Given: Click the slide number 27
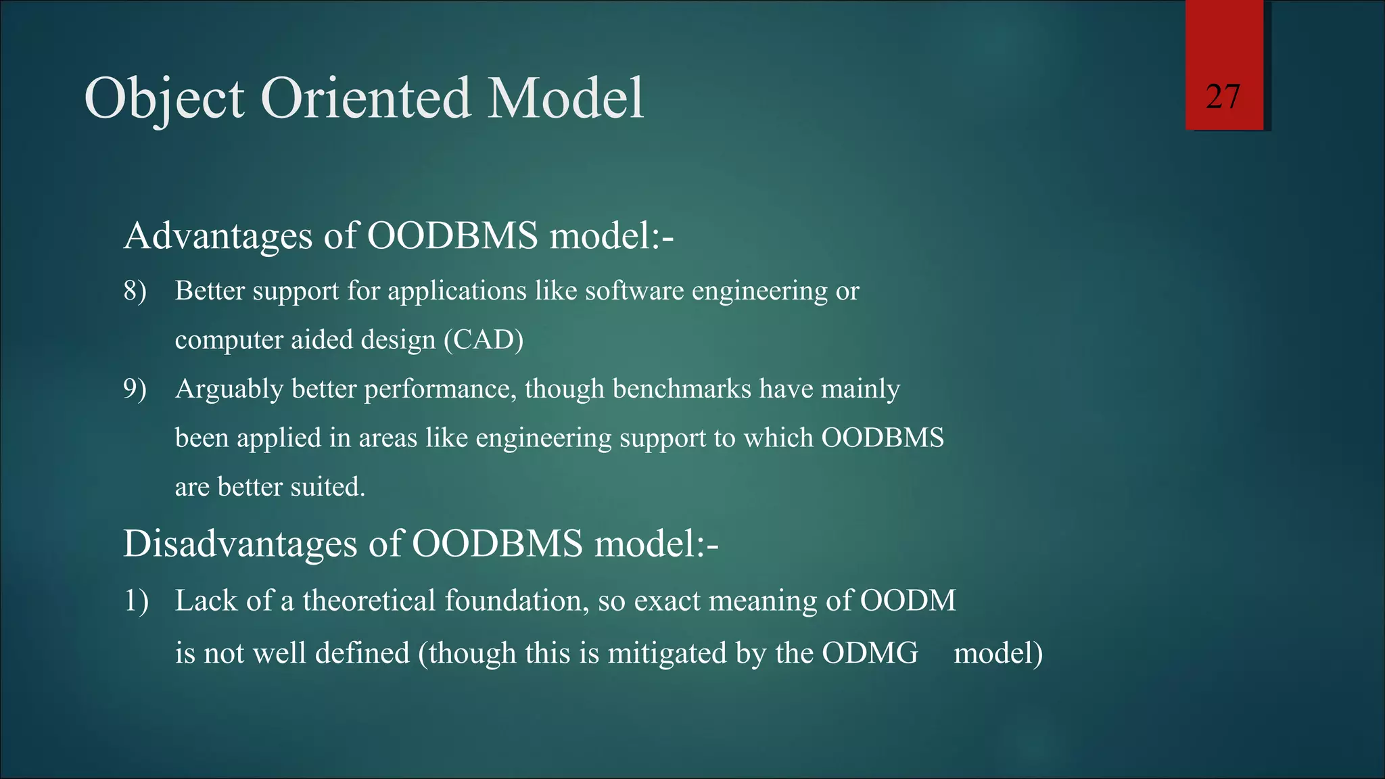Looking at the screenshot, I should tap(1223, 97).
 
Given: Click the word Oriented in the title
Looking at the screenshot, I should tap(365, 98).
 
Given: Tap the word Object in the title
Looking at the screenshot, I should tap(164, 99).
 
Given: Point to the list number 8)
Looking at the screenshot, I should tap(135, 291).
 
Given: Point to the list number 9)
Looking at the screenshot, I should tap(135, 389).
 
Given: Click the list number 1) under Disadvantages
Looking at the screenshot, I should tap(136, 600).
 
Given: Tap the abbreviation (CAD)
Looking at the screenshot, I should tap(484, 339).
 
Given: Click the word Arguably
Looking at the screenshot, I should tap(229, 389).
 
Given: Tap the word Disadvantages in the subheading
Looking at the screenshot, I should tap(240, 543).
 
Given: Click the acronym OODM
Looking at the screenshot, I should tap(908, 600).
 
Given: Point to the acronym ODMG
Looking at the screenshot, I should tap(870, 653).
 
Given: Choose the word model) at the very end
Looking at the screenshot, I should tap(998, 653).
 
